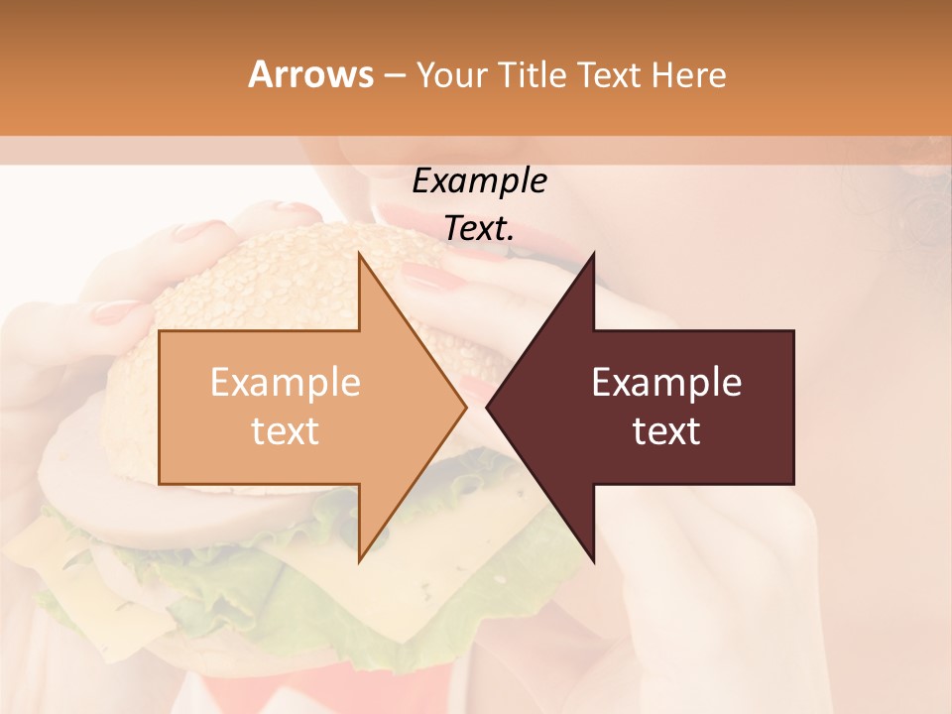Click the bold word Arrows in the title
310,74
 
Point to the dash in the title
394,75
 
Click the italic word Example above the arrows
479,181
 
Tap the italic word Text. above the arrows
479,228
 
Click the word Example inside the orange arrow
286,383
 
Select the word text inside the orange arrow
286,431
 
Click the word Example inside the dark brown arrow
666,383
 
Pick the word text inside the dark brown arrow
666,431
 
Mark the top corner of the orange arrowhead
359,254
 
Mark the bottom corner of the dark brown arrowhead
594,561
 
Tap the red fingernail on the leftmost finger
115,312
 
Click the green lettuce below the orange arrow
297,565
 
